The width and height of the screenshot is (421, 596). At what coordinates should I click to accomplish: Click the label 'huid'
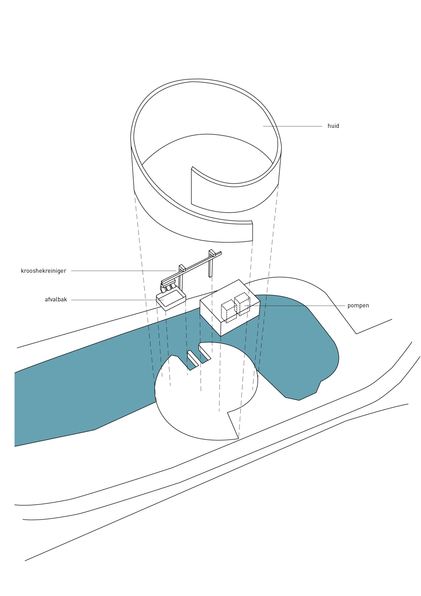(x=333, y=126)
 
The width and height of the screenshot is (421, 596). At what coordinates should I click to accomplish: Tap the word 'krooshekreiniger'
(x=44, y=271)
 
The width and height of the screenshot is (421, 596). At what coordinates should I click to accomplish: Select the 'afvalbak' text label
(x=56, y=299)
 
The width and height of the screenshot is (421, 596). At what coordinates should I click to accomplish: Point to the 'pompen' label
(x=358, y=306)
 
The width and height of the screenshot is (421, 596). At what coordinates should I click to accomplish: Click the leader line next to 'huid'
(x=292, y=126)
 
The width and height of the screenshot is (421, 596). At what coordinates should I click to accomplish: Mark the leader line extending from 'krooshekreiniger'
(x=124, y=271)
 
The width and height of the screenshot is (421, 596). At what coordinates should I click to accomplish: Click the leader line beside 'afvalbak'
(x=117, y=300)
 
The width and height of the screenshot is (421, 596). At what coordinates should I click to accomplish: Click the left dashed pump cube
(x=229, y=311)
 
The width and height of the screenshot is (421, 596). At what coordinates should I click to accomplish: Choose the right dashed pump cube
(x=242, y=304)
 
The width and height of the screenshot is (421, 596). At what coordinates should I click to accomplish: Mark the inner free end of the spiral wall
(x=192, y=186)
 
